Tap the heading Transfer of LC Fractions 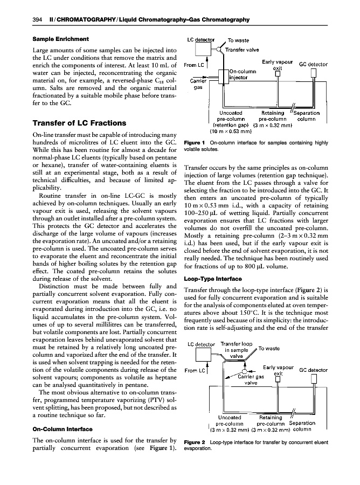pyautogui.click(x=79, y=122)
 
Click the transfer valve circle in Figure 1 pyautogui.click(x=219, y=50)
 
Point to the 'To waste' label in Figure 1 pyautogui.click(x=238, y=40)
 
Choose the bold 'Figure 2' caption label pyautogui.click(x=196, y=443)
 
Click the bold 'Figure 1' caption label pyautogui.click(x=196, y=141)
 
